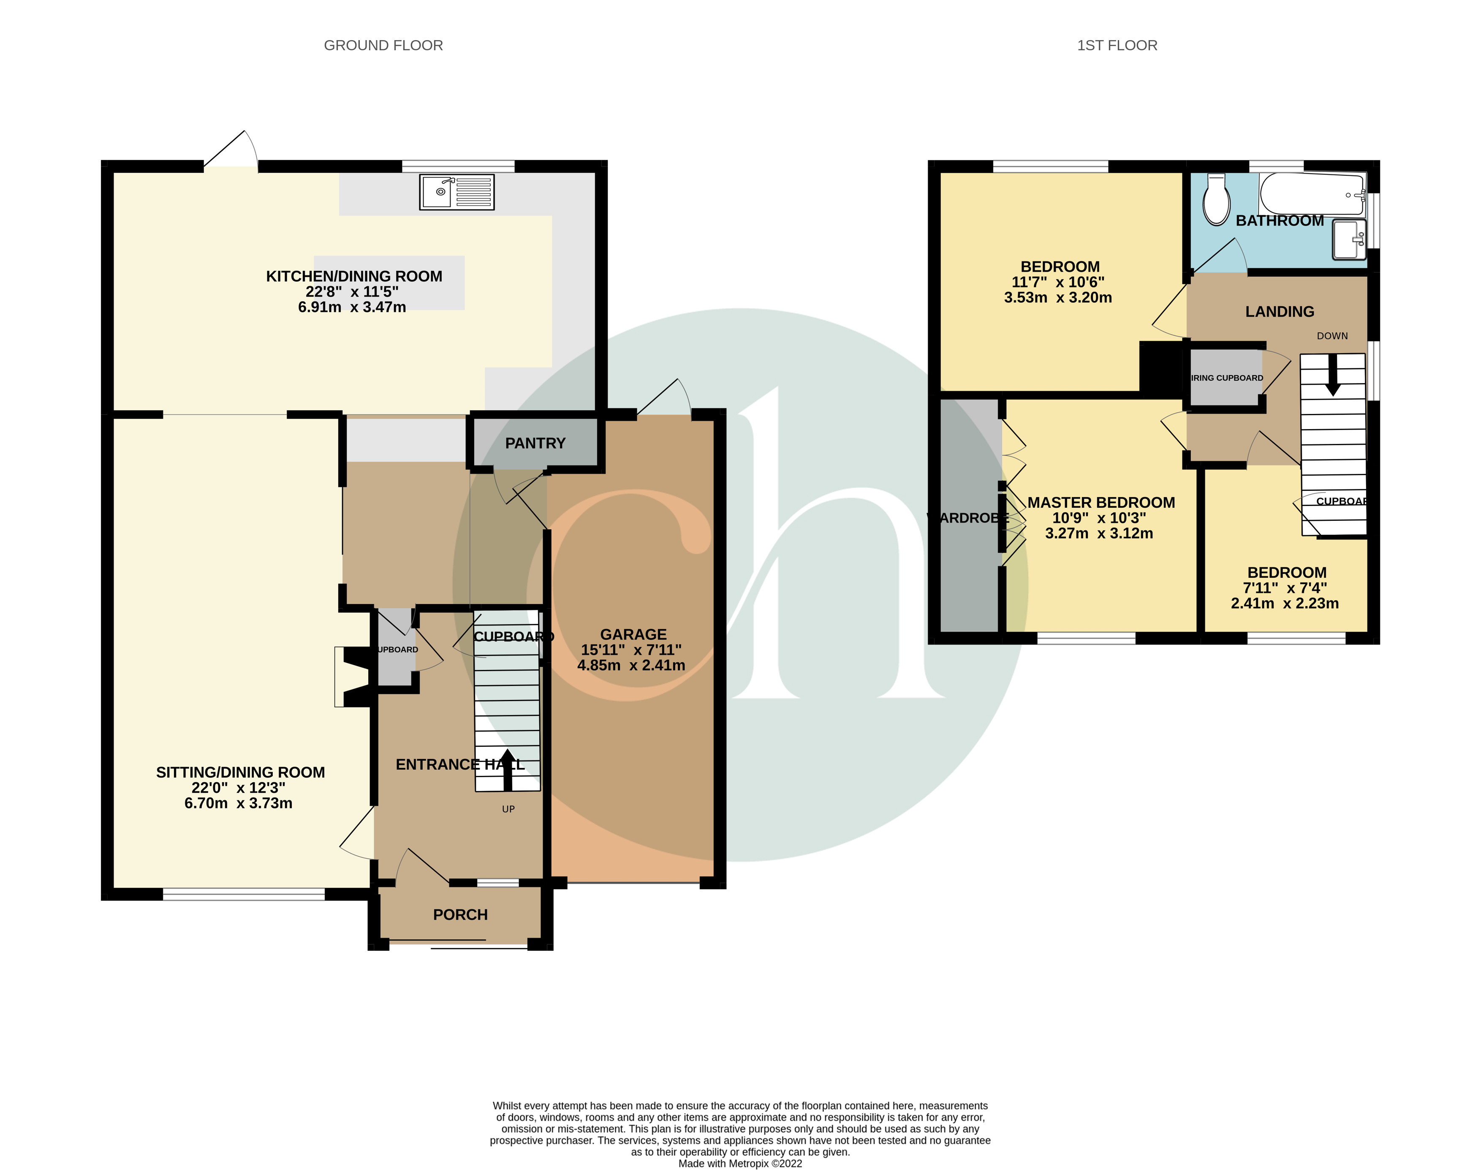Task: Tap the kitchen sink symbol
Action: tap(456, 192)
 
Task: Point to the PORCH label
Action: tap(460, 914)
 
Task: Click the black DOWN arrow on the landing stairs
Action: tap(1332, 375)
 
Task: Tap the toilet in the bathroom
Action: tap(1217, 201)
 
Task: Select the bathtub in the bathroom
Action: tap(1311, 194)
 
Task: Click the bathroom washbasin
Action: tap(1348, 240)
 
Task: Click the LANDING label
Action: tap(1279, 312)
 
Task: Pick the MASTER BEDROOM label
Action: tap(1101, 503)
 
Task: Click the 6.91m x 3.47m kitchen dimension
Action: tap(352, 307)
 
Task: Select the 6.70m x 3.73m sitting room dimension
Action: tap(238, 803)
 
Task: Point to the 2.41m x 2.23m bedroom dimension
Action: tap(1285, 604)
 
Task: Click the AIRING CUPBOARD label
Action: tap(1226, 378)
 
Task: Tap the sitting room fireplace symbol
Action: tap(353, 676)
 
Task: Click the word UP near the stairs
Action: tap(508, 809)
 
